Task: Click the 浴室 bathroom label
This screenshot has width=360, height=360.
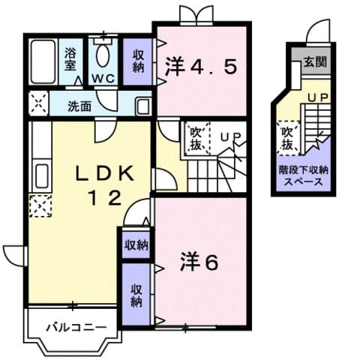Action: point(71,59)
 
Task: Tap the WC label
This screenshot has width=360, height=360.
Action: point(102,78)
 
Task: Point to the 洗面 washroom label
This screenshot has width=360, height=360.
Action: point(80,105)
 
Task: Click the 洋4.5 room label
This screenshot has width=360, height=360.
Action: point(200,67)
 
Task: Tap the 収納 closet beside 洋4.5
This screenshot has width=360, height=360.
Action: point(139,60)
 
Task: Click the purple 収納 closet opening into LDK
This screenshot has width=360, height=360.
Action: point(136,244)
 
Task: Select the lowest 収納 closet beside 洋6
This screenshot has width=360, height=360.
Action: point(136,295)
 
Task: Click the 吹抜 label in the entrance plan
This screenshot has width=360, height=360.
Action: point(287,136)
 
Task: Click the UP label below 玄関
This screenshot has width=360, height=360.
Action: point(317,97)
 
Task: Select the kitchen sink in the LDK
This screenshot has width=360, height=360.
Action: point(40,176)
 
